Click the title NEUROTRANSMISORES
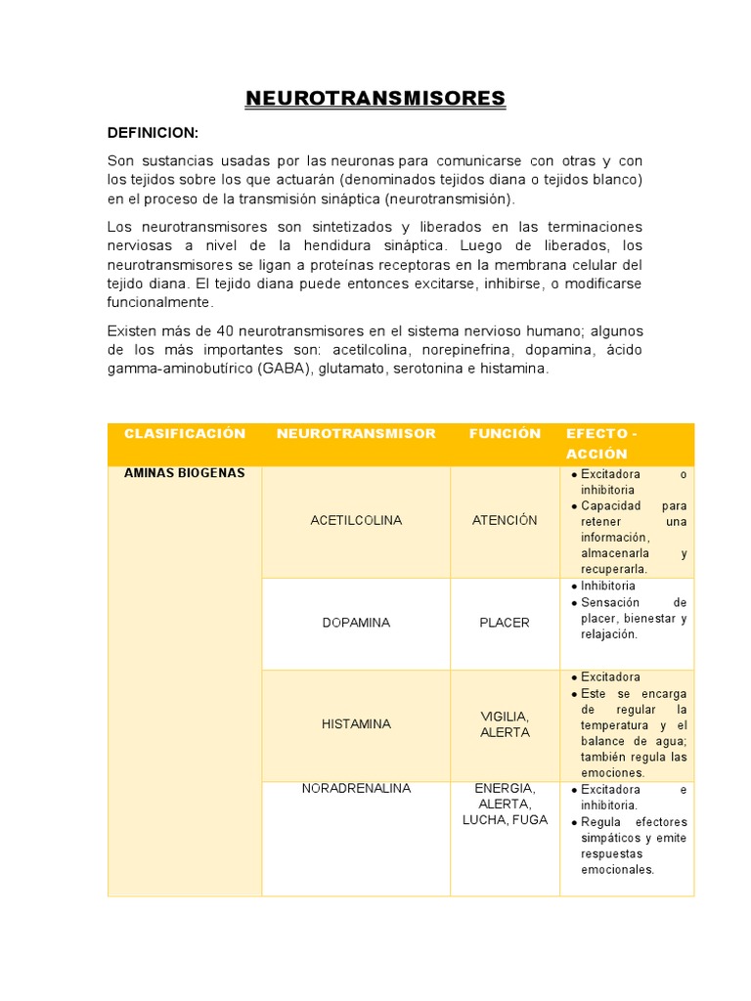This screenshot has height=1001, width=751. pos(375,99)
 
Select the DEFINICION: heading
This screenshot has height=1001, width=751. pos(153,132)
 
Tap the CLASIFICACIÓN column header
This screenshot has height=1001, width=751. pos(185,433)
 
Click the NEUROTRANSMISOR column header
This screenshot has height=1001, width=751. pos(356,433)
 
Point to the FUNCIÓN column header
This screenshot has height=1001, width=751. pos(505,433)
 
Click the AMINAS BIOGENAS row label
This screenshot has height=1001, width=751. pos(185,473)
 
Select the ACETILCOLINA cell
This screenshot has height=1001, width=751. pos(356,520)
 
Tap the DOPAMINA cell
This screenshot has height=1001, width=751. pos(356,623)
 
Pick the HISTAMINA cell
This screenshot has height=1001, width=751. pos(356,724)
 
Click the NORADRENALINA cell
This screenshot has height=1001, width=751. pos(356,788)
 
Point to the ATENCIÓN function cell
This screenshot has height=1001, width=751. pos(505,520)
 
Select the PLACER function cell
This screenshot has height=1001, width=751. pos(505,623)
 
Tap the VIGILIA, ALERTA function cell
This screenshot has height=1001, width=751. pos(505,724)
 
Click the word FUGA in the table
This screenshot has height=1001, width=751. pos(529,819)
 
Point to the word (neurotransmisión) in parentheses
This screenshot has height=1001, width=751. pos(448,198)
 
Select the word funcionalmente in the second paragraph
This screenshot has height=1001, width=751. pos(159,302)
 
